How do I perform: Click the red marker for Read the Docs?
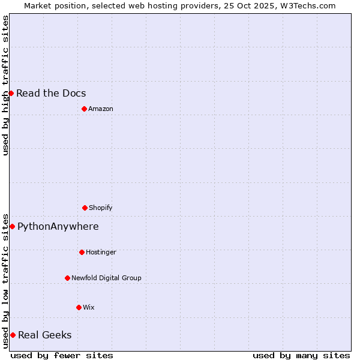11,93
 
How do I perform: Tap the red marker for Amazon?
84,109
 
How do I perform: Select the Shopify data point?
85,208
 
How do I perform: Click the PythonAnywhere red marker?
12,226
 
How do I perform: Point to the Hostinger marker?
82,252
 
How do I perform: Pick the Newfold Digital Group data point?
67,278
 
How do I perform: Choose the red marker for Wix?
79,307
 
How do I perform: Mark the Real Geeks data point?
13,335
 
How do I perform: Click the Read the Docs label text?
51,93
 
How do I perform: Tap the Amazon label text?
101,109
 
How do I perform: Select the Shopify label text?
101,208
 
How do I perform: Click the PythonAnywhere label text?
58,226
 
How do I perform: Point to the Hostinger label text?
101,252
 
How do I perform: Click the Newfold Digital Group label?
106,278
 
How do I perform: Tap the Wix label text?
89,307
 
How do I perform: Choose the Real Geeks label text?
45,335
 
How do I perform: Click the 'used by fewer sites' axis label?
62,355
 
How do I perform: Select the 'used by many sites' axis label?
301,355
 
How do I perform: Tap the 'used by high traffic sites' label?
6,85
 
